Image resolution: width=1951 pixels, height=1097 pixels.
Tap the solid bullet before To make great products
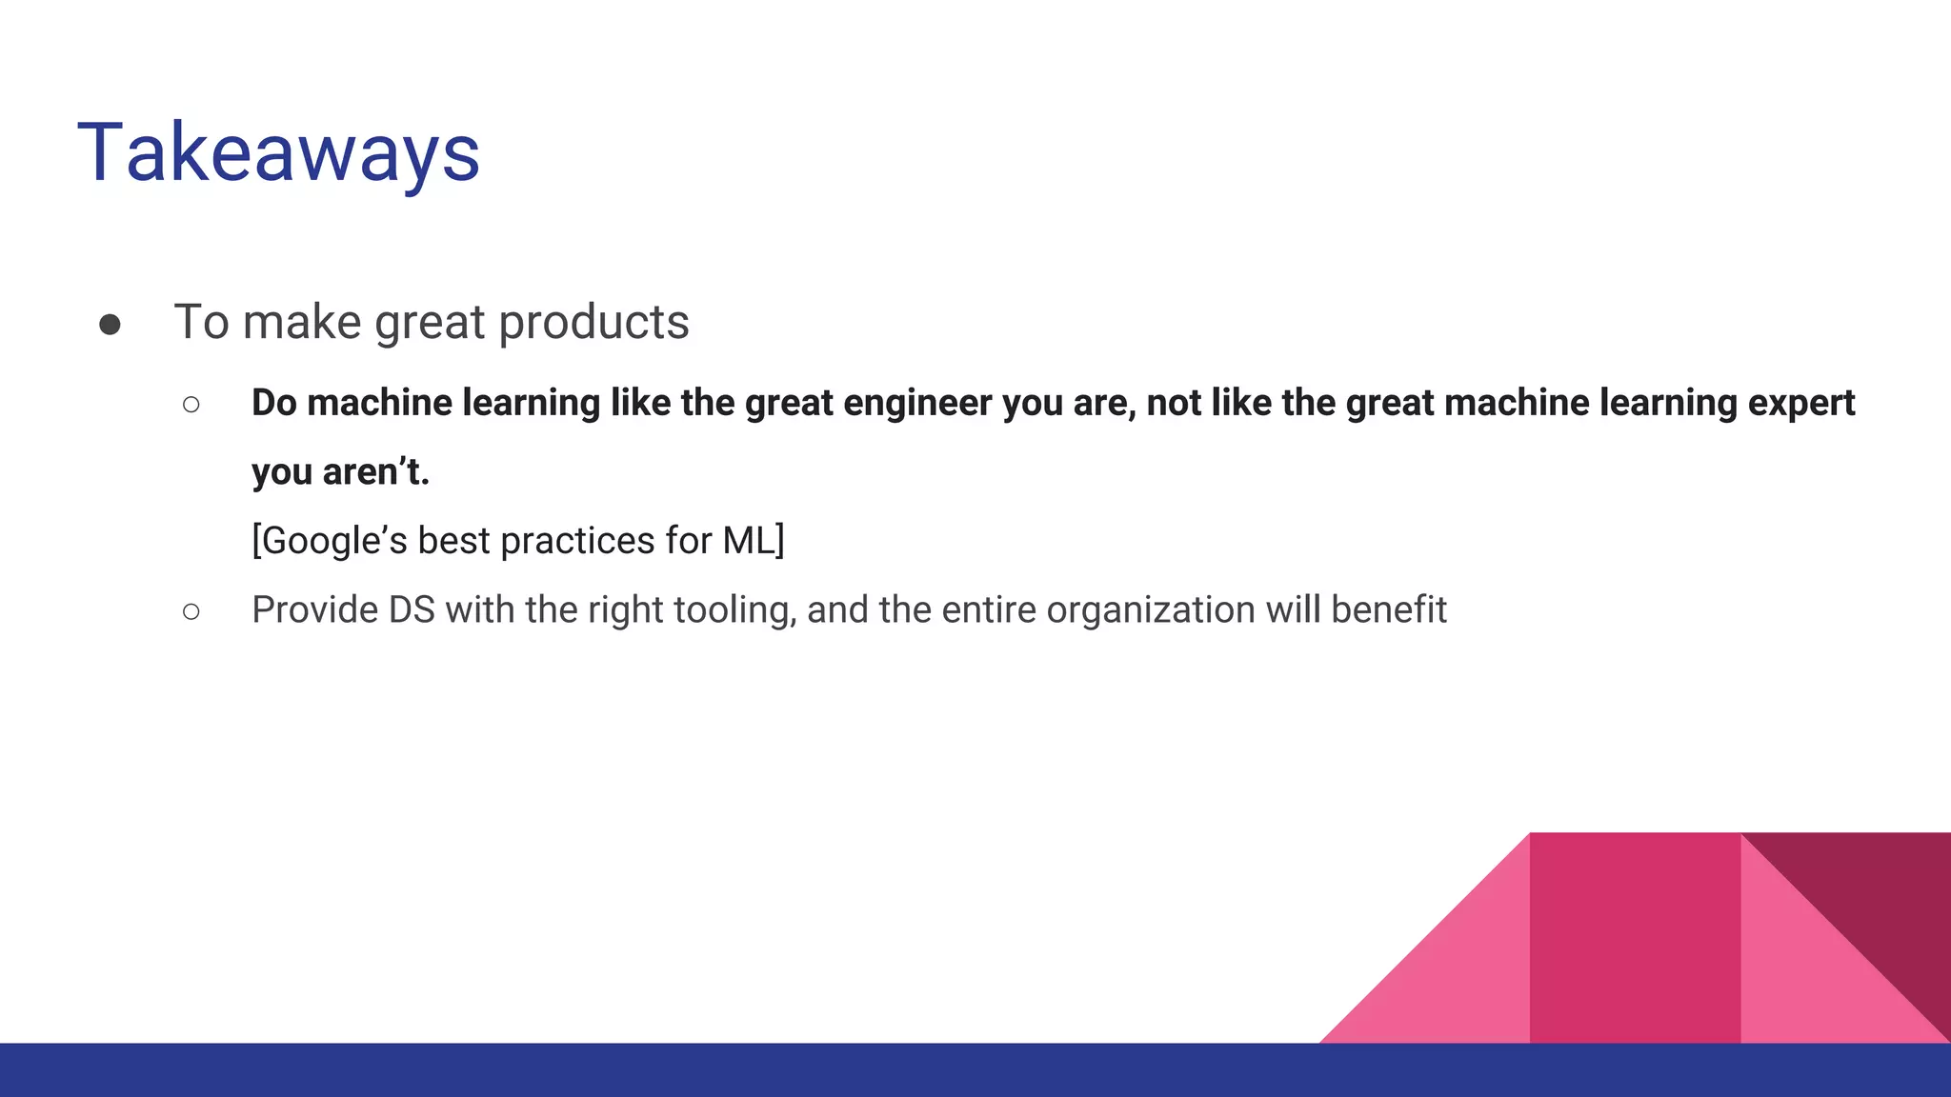110,325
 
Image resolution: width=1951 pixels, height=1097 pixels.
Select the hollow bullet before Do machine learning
191,405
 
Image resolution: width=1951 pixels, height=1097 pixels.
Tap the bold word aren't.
376,472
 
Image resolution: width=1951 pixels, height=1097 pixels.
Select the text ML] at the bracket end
754,541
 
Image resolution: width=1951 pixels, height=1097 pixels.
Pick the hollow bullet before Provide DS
191,611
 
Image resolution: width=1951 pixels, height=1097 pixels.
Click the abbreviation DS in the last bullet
412,610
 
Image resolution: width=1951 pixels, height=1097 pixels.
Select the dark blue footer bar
667,1070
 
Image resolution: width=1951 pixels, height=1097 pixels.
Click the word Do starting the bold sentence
274,403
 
